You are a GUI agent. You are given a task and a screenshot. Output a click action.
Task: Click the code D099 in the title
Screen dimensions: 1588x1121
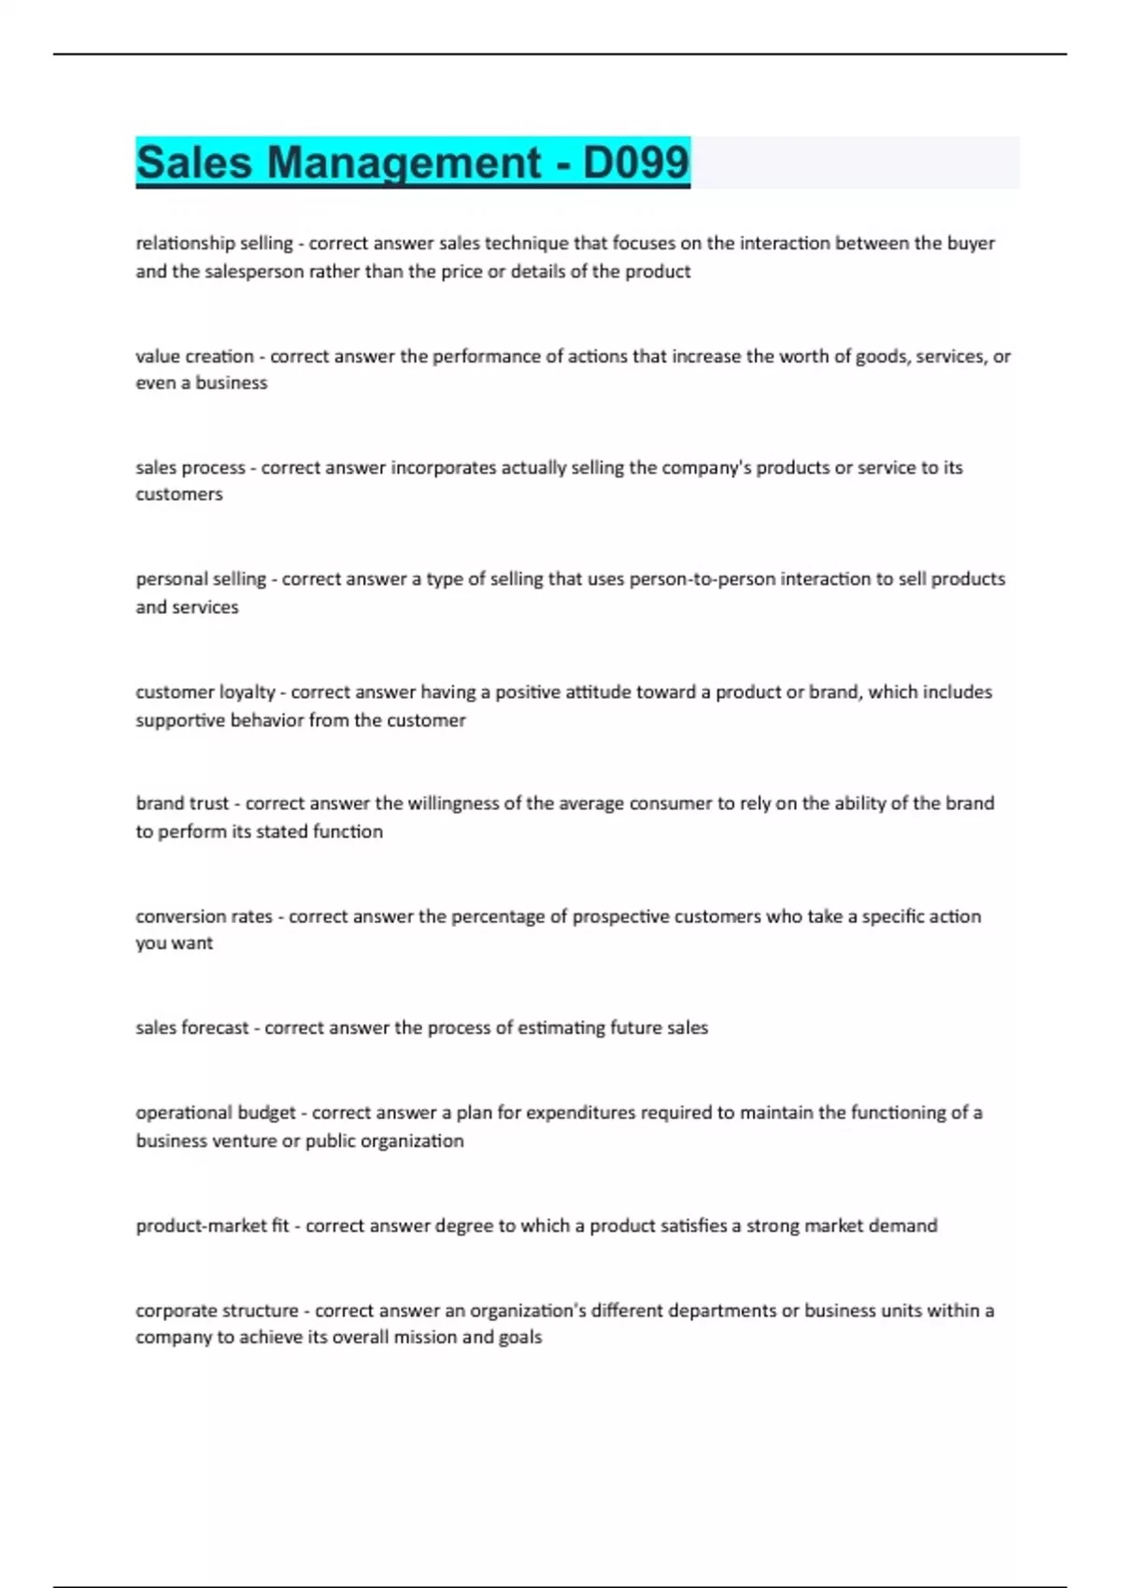click(x=635, y=163)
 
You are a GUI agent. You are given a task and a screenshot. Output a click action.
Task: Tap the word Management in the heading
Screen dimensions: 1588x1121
click(x=404, y=163)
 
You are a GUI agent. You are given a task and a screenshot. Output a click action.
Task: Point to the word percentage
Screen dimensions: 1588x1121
click(x=496, y=916)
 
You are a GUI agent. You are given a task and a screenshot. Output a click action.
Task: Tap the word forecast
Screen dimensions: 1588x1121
click(x=215, y=1028)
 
